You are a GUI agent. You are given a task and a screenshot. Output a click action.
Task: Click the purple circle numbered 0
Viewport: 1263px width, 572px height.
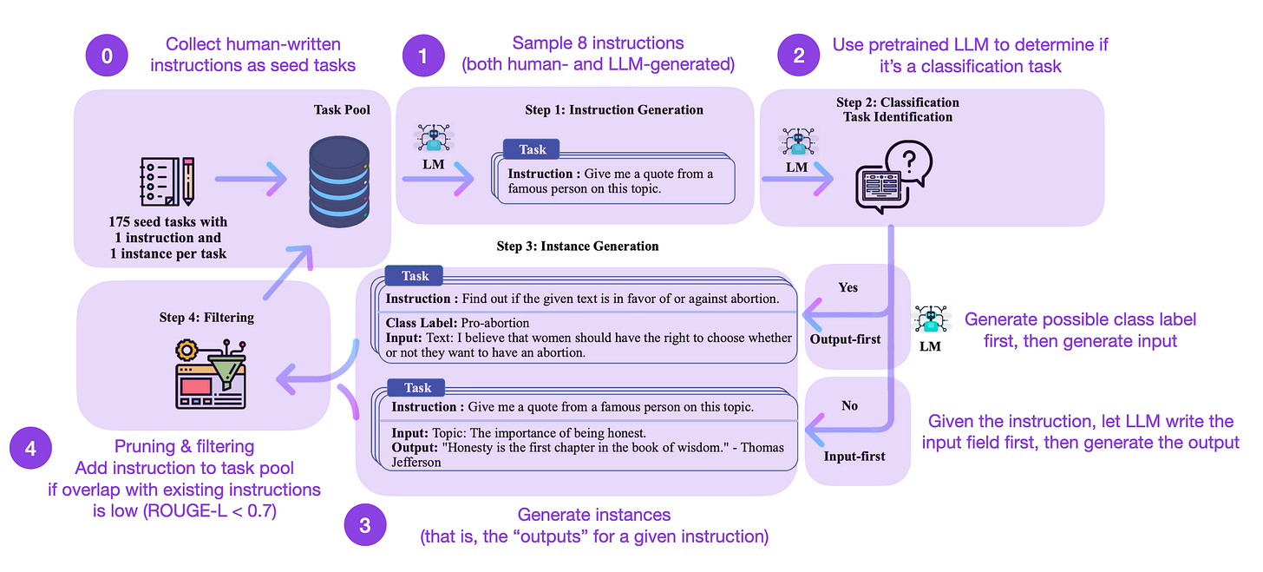point(107,56)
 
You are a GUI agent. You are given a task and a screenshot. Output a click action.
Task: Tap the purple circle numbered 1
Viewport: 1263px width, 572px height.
point(422,56)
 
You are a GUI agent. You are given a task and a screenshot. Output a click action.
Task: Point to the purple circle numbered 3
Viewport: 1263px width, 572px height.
point(364,526)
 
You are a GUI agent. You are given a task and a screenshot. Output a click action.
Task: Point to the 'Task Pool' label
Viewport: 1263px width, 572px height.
point(343,110)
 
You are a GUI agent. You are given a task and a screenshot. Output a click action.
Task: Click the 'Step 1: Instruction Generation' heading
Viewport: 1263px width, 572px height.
point(613,110)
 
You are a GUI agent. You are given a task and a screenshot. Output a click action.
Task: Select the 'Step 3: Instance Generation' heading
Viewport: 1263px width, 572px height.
point(577,247)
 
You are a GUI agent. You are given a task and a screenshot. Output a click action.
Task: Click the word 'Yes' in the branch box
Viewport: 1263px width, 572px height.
point(847,287)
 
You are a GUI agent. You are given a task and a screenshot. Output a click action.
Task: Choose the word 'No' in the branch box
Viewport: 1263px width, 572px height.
point(849,405)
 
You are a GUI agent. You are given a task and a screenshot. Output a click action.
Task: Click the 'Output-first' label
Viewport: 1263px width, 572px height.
point(845,339)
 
